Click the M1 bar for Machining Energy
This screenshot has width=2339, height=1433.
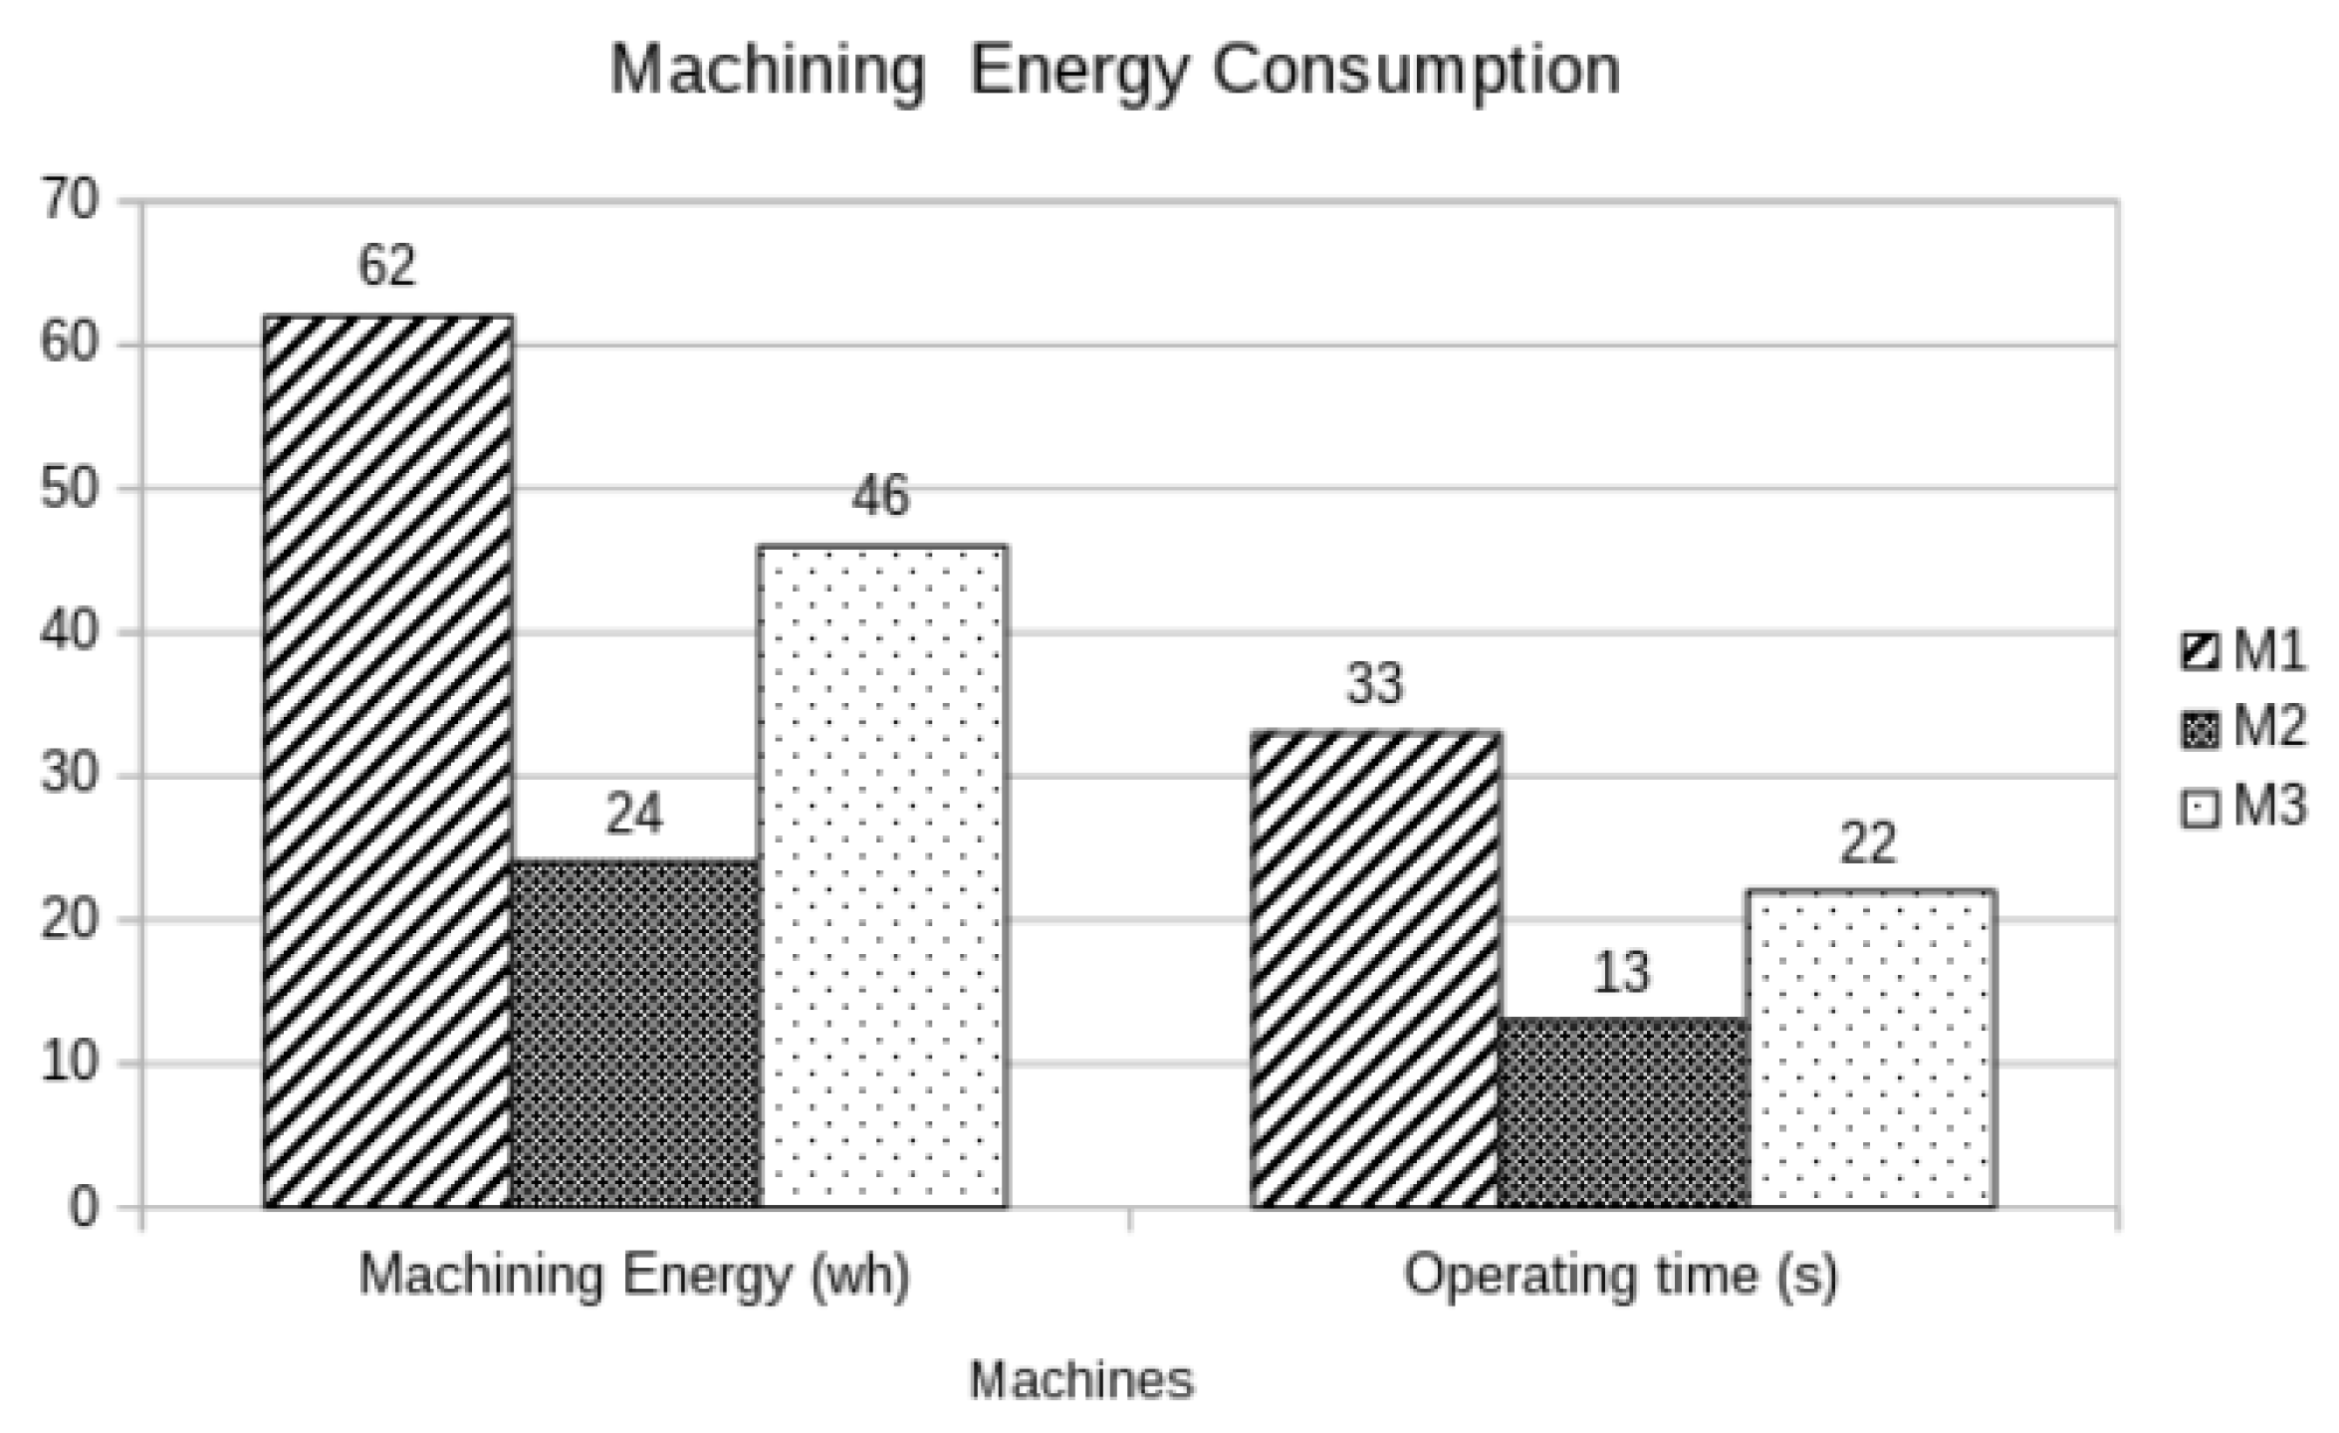pyautogui.click(x=388, y=762)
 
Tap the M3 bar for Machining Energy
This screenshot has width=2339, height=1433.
pyautogui.click(x=882, y=876)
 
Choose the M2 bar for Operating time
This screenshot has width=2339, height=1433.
pyautogui.click(x=1623, y=1112)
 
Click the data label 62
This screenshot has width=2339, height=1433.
pyautogui.click(x=386, y=265)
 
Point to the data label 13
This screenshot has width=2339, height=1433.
pyautogui.click(x=1621, y=972)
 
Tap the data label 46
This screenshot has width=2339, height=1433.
pyautogui.click(x=880, y=495)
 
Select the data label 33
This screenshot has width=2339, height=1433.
pyautogui.click(x=1374, y=683)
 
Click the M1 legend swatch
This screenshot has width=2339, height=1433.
pyautogui.click(x=2200, y=652)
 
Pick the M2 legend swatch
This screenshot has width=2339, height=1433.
pyautogui.click(x=2200, y=730)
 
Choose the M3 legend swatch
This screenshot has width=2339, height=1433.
pyautogui.click(x=2200, y=808)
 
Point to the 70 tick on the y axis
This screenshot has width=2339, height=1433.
pyautogui.click(x=70, y=201)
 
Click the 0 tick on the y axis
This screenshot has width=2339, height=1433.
pyautogui.click(x=84, y=1208)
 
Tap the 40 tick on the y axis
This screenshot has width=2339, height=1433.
pyautogui.click(x=70, y=632)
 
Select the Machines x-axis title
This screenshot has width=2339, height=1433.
pyautogui.click(x=1081, y=1379)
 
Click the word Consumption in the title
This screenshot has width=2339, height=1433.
pyautogui.click(x=1416, y=72)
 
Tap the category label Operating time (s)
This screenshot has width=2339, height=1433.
pyautogui.click(x=1620, y=1275)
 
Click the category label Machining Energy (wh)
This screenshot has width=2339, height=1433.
pyautogui.click(x=634, y=1275)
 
